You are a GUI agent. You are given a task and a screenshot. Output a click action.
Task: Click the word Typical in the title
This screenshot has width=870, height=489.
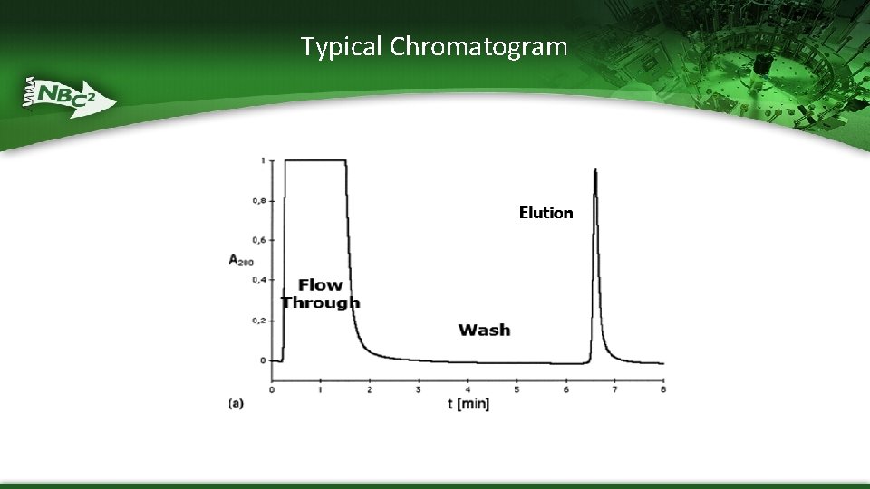coord(343,46)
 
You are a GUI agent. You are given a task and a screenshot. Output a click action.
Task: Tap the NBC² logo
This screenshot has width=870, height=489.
coord(69,94)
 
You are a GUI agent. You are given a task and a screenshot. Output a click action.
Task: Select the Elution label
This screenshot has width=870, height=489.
coord(546,213)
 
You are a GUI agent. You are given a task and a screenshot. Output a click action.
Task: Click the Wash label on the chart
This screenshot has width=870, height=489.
coord(484,330)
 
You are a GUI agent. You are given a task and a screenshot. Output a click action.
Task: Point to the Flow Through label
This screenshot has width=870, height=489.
coord(320,293)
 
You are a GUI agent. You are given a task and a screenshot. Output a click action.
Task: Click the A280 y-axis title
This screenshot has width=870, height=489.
coord(240,260)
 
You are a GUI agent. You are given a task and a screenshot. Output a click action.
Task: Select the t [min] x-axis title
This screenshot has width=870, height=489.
coord(468,404)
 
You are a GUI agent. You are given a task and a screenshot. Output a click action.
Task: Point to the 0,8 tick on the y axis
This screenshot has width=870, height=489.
coord(258,200)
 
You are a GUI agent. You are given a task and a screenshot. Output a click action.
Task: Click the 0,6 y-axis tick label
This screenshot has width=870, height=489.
coord(258,240)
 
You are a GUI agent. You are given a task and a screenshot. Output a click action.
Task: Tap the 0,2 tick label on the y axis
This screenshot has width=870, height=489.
coord(258,321)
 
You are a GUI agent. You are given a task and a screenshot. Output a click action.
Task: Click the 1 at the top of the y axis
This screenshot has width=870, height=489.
coord(262,160)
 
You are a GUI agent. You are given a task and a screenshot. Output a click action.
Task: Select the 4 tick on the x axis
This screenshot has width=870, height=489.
coord(468,389)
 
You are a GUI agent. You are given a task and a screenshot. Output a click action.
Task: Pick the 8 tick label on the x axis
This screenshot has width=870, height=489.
coord(663,389)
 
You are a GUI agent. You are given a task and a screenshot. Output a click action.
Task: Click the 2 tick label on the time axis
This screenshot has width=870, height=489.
coord(370,389)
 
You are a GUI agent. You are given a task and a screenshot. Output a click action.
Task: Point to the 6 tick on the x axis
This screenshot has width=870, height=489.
coord(565,389)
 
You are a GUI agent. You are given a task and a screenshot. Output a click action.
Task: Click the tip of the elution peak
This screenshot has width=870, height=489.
coord(595,169)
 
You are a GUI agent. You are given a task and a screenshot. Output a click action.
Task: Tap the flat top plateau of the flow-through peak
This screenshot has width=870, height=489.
coord(315,161)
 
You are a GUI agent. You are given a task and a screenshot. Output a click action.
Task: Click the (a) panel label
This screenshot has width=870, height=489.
coord(236,404)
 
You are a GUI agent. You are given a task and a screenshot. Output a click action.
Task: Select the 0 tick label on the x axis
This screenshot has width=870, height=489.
coord(272,389)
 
